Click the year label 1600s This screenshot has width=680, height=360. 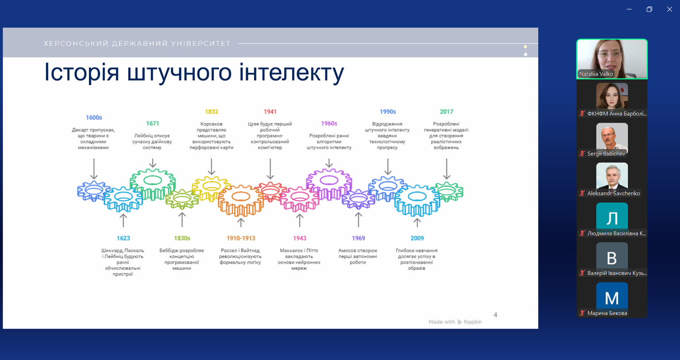tap(94, 117)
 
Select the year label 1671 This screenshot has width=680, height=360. tap(152, 123)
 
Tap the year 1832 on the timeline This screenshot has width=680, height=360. tap(211, 112)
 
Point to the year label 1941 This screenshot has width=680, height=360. tap(270, 112)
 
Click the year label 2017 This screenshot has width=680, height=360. tap(447, 112)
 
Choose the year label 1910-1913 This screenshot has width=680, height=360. tap(241, 238)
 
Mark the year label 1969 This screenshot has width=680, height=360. tap(358, 238)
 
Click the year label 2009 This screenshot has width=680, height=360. tap(417, 238)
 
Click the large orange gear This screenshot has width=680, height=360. tap(241, 200)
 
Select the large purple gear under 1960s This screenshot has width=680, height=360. tap(329, 184)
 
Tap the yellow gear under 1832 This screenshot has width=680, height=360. tap(211, 189)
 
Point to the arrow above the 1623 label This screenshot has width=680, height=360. tap(123, 221)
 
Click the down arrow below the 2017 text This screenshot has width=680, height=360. tap(446, 169)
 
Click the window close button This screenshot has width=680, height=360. tap(669, 9)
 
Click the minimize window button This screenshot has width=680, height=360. tap(629, 9)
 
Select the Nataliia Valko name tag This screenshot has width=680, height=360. tap(596, 74)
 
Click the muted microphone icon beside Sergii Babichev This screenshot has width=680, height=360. tap(582, 154)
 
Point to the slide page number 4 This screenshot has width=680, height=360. tap(495, 315)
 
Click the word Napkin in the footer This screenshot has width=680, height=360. tap(473, 322)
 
